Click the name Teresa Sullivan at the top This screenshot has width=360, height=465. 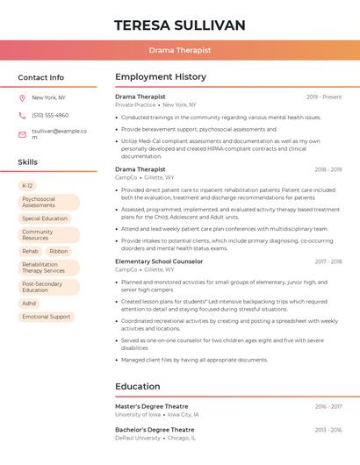pos(180,25)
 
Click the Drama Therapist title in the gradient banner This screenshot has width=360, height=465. pos(180,50)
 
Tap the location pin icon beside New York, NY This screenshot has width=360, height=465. pos(22,97)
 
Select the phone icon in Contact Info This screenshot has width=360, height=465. pos(22,116)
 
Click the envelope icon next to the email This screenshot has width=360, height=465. pos(22,134)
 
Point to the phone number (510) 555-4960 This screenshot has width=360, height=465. pos(50,116)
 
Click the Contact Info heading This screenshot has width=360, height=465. pos(41,77)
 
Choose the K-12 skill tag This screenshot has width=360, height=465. pos(27,186)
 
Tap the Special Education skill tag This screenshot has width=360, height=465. pos(45,218)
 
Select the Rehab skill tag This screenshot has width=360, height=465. pos(31,251)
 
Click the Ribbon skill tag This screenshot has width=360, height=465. pos(59,251)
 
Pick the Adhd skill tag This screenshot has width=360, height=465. pos(30,304)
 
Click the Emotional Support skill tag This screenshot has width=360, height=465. pos(47,317)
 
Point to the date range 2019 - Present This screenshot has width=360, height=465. pos(324,97)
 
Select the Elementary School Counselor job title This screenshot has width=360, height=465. pos(159,261)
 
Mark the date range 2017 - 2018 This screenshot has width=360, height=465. pos(328,261)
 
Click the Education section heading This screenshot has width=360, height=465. pos(139,386)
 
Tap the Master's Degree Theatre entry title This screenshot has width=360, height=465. pos(152,406)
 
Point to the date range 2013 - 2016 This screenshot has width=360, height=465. pos(328,430)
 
